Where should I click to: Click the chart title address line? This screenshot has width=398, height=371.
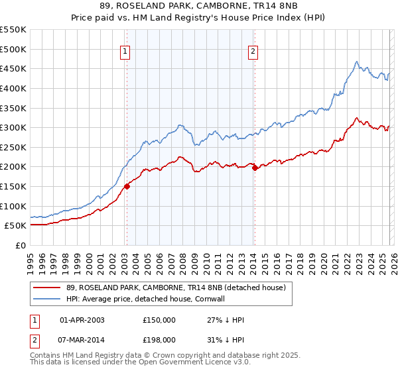pyautogui.click(x=198, y=6)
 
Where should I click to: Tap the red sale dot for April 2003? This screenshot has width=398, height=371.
pyautogui.click(x=127, y=186)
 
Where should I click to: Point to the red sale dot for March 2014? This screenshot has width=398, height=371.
pyautogui.click(x=255, y=168)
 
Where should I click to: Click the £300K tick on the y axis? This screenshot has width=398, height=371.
pyautogui.click(x=13, y=127)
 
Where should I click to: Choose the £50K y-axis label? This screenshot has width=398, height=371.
pyautogui.click(x=15, y=225)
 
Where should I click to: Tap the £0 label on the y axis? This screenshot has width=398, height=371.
pyautogui.click(x=21, y=245)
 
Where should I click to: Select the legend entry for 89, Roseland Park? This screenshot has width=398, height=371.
pyautogui.click(x=175, y=288)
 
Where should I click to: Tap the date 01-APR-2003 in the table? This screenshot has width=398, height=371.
pyautogui.click(x=82, y=319)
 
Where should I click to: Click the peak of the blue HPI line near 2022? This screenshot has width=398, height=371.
pyautogui.click(x=356, y=62)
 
